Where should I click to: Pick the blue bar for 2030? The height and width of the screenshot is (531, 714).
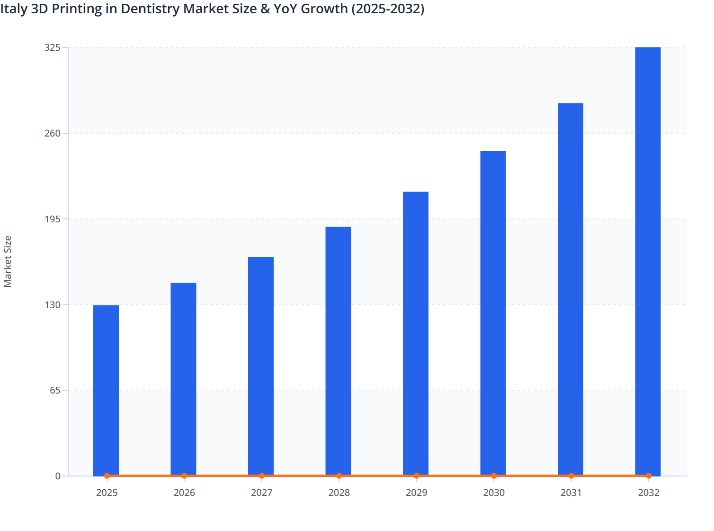coord(493,313)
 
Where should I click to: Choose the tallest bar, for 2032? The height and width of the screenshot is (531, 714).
coord(648,261)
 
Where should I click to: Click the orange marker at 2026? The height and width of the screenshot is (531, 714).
coord(184,476)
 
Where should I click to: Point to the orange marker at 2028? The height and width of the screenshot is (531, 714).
coord(339,476)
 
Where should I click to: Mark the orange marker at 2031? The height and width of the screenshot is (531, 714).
coord(571,476)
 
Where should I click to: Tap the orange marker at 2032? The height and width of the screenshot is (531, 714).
coord(649,476)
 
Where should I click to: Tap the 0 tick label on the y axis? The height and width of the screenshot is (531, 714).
coord(58,476)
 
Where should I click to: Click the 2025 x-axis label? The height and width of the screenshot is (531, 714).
coord(107,493)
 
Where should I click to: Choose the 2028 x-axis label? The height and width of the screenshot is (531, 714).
coord(339,493)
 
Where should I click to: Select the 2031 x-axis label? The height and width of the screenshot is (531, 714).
coord(571,493)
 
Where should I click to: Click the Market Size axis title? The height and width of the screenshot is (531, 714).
coord(8,261)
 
